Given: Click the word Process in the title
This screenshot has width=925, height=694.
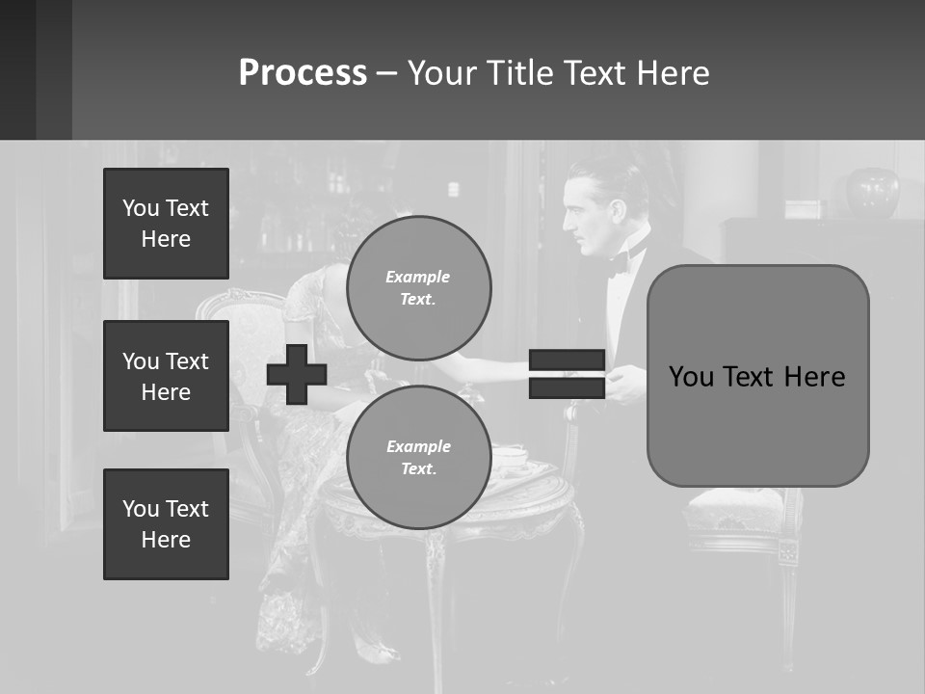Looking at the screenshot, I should click(x=303, y=73).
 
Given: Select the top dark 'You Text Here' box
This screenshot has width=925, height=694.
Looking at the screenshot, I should click(x=166, y=224).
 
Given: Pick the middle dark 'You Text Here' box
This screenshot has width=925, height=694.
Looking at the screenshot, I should click(x=166, y=376).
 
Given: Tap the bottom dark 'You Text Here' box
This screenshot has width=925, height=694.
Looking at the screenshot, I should click(x=166, y=524).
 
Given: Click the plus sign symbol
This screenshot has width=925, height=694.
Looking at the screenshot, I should click(x=297, y=374).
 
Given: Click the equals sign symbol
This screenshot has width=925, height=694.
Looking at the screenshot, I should click(x=567, y=374).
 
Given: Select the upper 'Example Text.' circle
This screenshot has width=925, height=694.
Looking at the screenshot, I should click(x=418, y=288).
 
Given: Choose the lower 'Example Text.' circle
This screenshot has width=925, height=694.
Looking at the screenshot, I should click(x=418, y=458).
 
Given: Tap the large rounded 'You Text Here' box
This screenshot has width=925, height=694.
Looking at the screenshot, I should click(x=757, y=376).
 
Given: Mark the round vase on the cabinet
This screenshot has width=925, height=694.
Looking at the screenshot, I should click(x=871, y=193).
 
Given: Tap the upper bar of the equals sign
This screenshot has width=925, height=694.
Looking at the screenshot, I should click(x=567, y=360).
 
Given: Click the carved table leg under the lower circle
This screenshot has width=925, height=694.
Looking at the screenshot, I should click(x=436, y=578).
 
